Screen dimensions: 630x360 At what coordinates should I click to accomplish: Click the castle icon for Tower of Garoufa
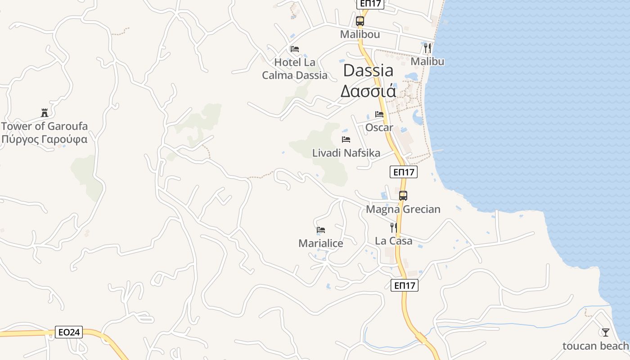44,112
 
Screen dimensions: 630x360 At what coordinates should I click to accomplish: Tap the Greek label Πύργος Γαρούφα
44,139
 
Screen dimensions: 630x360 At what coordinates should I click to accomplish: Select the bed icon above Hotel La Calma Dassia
295,49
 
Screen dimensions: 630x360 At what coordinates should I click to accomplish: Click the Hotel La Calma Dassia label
295,69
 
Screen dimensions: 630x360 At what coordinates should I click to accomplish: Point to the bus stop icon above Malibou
360,21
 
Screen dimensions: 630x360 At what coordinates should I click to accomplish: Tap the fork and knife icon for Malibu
427,48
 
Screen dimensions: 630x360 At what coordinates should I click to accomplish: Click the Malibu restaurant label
427,61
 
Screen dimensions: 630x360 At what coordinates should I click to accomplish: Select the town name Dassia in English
368,70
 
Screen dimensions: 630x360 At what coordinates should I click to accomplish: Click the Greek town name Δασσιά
368,91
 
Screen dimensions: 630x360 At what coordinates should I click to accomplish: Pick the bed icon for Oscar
379,114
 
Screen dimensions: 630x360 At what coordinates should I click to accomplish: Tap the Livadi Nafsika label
346,153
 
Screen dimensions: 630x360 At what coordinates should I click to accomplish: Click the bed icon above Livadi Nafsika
346,139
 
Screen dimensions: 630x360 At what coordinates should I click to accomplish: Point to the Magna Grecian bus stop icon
403,196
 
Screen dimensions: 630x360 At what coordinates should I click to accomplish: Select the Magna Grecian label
403,209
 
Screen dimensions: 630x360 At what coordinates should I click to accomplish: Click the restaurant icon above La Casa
394,227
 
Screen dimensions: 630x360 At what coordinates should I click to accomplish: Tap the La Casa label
394,241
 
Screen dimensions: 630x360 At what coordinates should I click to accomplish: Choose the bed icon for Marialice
321,230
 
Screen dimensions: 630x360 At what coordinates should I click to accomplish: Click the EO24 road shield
70,333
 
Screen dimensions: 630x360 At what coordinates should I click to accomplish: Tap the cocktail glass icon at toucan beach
606,333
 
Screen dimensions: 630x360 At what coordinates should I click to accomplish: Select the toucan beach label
595,346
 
